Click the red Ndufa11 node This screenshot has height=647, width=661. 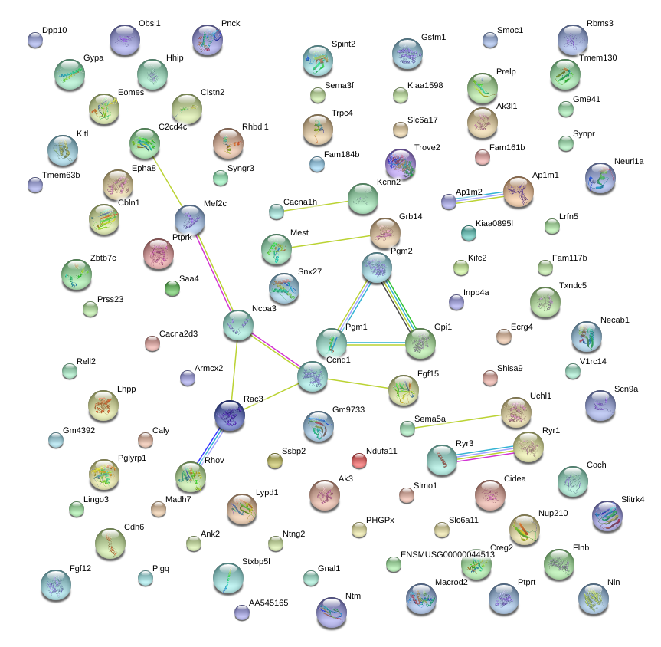[358, 461]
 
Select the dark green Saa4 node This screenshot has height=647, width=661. [172, 289]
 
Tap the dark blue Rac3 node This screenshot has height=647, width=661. [230, 416]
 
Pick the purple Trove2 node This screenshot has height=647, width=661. [401, 164]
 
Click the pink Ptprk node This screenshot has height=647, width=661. [159, 254]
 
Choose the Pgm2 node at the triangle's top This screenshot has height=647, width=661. [377, 268]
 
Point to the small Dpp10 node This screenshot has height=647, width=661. [35, 41]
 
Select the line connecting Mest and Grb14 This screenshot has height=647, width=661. [331, 241]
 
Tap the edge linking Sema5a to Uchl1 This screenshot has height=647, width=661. [458, 422]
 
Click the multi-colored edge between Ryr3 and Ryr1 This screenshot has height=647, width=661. [485, 454]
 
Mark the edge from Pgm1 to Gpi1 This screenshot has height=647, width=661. [375, 344]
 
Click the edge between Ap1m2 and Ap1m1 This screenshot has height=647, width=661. [479, 198]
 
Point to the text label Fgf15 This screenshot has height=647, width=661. [428, 373]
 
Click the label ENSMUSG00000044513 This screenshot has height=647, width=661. [448, 554]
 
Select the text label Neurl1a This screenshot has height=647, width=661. [629, 161]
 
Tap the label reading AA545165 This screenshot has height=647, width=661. [269, 603]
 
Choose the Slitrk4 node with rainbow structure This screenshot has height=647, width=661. [607, 517]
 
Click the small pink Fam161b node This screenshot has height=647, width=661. [483, 157]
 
